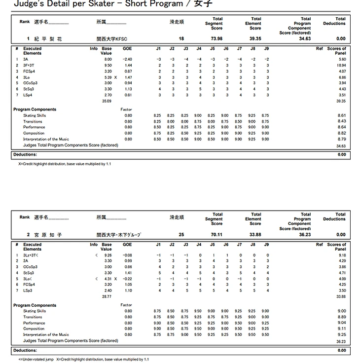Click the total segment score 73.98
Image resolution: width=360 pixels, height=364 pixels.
point(216,38)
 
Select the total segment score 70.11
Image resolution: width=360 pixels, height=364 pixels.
point(216,235)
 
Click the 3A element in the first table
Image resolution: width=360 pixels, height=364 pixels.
point(26,59)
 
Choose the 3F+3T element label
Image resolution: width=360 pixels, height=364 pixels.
point(29,65)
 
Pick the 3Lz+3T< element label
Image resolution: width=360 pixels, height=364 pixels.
point(31,255)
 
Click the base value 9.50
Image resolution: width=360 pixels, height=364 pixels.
point(108,65)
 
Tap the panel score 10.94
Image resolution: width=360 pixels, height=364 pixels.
point(341,65)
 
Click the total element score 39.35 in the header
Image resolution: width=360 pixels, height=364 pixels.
point(255,38)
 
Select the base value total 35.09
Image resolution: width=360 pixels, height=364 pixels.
point(107,101)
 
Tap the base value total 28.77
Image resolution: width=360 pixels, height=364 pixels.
point(107,296)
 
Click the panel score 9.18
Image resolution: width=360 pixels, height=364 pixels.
point(342,255)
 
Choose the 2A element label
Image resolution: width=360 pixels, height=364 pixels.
point(26,261)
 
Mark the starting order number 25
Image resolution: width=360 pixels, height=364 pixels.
point(181,235)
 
